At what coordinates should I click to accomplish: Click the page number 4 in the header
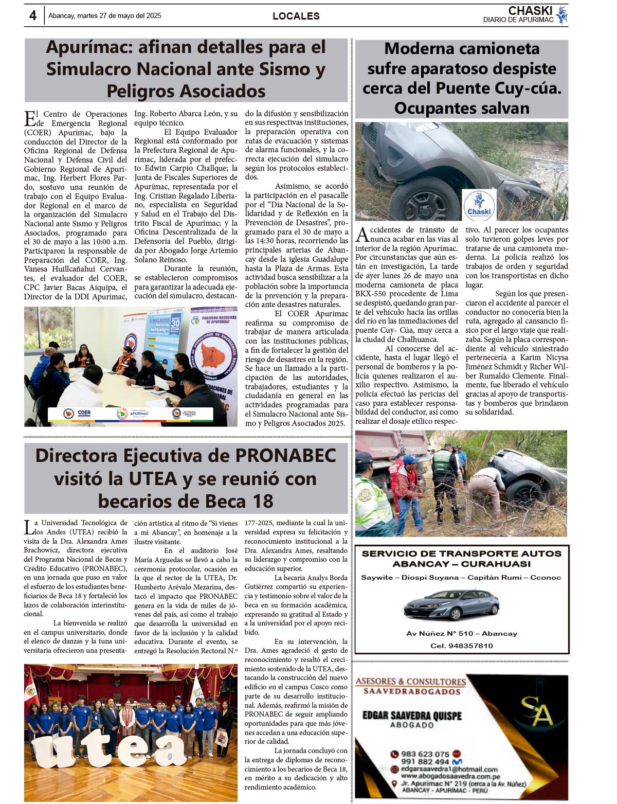click(33, 16)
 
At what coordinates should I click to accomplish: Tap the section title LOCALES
click(296, 16)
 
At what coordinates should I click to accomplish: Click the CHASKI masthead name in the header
click(530, 11)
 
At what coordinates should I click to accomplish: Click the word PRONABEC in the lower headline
click(285, 456)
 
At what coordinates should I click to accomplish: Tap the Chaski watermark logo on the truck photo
click(479, 205)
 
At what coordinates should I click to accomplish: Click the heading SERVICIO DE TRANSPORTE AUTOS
click(461, 553)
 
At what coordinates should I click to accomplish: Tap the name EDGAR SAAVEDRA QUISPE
click(412, 716)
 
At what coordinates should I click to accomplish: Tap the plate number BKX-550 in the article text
click(371, 294)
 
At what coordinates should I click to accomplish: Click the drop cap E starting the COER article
click(30, 119)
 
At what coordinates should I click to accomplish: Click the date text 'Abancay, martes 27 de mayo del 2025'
click(105, 16)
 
